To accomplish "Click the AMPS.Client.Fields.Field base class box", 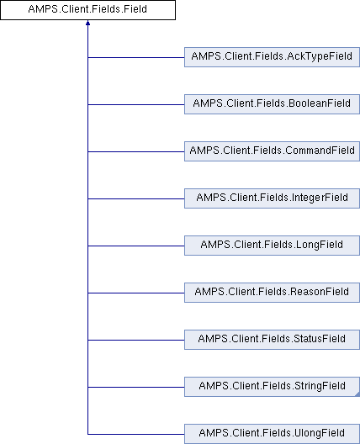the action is [87, 10].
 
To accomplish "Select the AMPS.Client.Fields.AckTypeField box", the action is [272, 57].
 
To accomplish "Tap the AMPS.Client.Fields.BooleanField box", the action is [272, 104].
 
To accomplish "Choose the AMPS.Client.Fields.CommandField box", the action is [272, 151].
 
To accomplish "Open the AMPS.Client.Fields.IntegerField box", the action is [272, 198].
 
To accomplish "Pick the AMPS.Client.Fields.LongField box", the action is [272, 246].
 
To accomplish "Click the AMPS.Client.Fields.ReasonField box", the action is [272, 293].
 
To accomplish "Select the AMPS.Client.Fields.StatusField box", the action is [272, 340].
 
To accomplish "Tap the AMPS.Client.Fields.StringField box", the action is [272, 387].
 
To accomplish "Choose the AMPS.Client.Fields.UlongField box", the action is [272, 434].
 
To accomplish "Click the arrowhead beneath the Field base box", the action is [87, 23].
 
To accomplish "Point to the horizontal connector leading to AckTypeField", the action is [136, 57].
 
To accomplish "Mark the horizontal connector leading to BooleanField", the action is [136, 104].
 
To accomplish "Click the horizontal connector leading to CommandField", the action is [136, 151].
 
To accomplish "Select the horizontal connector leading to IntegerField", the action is [136, 198].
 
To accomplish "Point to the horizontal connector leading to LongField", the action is [136, 246].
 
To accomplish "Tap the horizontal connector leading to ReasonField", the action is [136, 293].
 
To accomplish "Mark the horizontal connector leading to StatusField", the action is [136, 340].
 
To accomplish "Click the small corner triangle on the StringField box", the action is [357, 394].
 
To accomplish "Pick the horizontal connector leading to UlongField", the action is [136, 434].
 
